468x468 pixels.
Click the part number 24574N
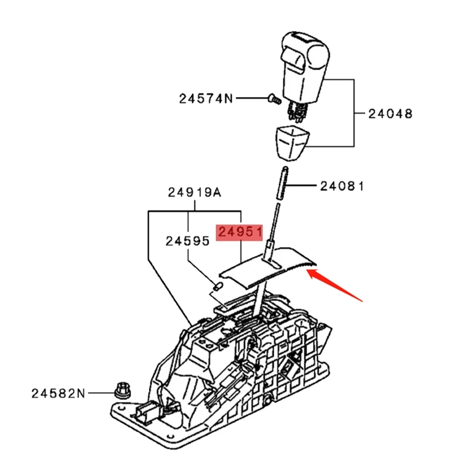tap(205, 98)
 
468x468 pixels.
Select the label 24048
tap(390, 113)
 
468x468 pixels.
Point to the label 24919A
tap(194, 192)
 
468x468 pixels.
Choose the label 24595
tap(187, 240)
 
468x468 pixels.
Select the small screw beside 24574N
tap(270, 100)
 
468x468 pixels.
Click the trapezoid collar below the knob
tap(290, 140)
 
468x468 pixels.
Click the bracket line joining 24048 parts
tap(355, 112)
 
